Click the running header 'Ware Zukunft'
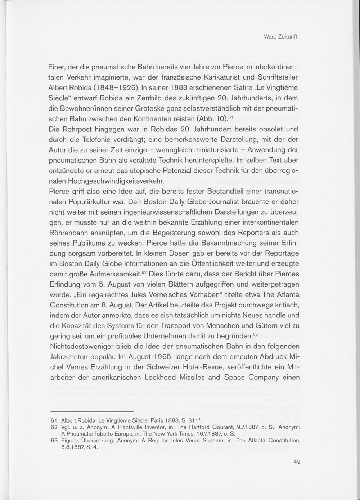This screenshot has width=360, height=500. [280, 37]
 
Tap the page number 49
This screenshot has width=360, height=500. [297, 462]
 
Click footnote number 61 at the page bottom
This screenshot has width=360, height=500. [54, 420]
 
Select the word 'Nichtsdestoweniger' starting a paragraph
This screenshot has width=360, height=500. [81, 347]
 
